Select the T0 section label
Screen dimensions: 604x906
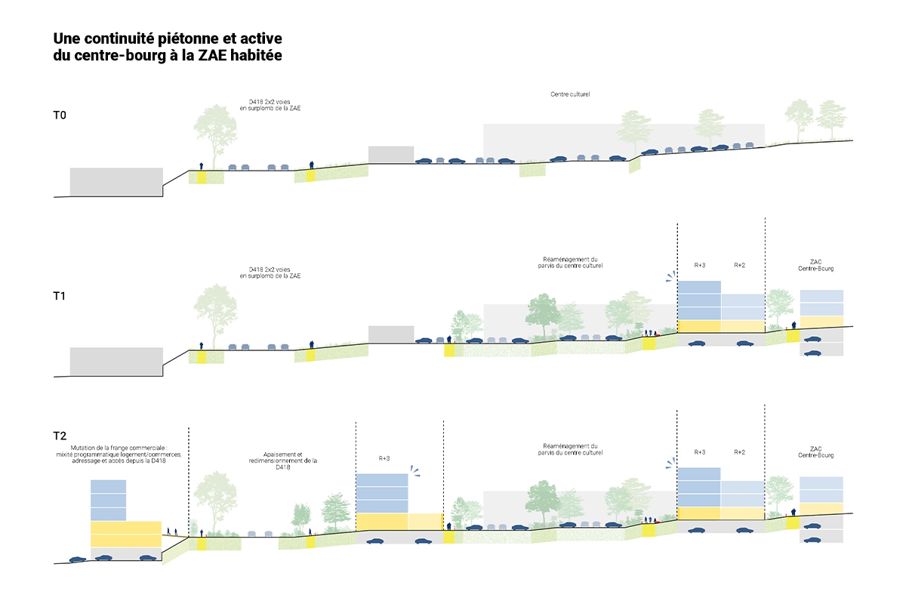(60, 116)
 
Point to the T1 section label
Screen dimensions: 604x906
(60, 296)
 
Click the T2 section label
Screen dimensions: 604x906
(60, 436)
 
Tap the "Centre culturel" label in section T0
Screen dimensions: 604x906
(569, 94)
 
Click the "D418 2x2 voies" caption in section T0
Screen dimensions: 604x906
(270, 101)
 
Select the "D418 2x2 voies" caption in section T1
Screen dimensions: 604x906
(270, 269)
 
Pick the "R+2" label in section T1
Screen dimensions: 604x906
(740, 266)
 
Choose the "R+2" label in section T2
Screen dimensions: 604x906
(740, 452)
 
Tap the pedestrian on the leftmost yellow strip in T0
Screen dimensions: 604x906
(202, 165)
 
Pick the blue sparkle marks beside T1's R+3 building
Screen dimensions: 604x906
(670, 276)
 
